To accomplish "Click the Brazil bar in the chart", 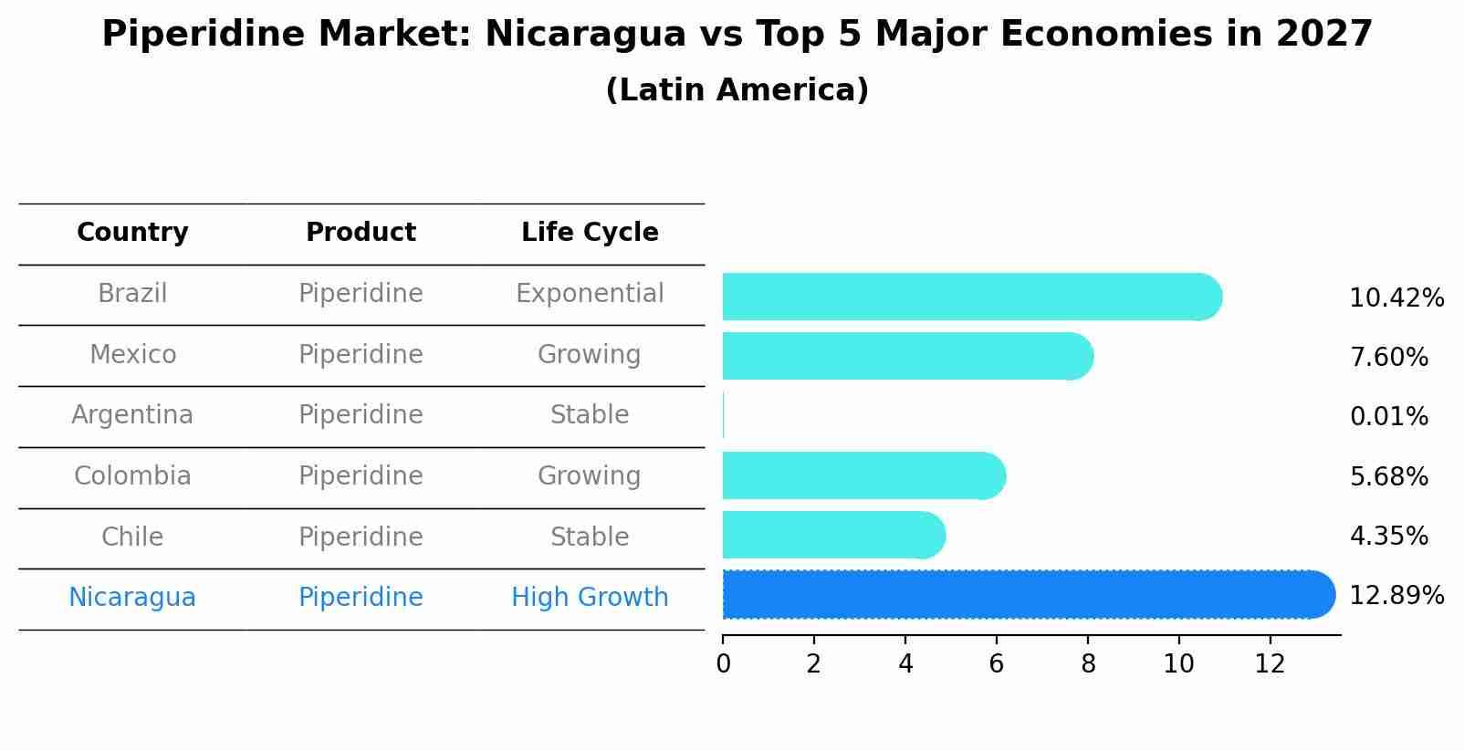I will [x=971, y=297].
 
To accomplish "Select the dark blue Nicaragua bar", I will [x=1028, y=595].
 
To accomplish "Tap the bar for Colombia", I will [x=863, y=475].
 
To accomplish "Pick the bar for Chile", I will [x=833, y=535].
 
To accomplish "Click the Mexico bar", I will [x=907, y=356].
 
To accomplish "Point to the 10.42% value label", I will [x=1396, y=298].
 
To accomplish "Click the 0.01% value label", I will [x=1388, y=417].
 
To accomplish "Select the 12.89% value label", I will [x=1396, y=596].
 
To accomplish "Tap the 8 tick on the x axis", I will [x=1087, y=664].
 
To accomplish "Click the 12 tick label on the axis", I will [x=1270, y=664].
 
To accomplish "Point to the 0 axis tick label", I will [x=723, y=664].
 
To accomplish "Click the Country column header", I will [x=132, y=233].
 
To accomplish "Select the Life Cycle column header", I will [x=590, y=233].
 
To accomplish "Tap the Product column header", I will [x=361, y=233].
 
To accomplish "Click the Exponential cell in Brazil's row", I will [x=590, y=294].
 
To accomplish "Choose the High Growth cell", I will [x=590, y=598].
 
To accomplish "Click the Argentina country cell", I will [x=132, y=415].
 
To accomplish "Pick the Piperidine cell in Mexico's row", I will [x=361, y=355].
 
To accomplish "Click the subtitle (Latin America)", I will [x=737, y=90].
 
